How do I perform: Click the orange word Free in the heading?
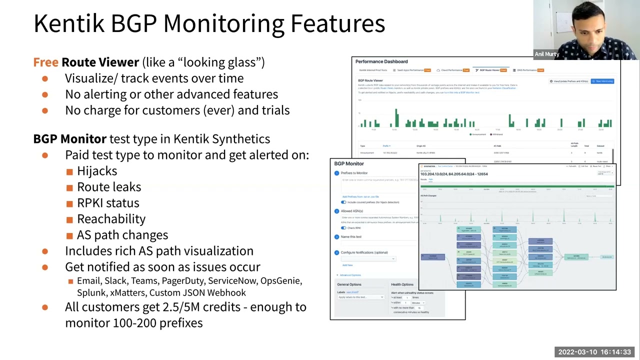pos(45,62)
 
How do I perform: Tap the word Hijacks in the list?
pos(97,171)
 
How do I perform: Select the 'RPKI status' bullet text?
pos(108,203)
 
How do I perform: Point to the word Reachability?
pos(111,219)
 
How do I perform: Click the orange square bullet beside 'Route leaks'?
pos(69,187)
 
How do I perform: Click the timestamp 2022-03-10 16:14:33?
pos(594,352)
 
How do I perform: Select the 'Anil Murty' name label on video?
pos(546,54)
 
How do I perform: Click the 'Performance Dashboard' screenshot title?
pos(381,61)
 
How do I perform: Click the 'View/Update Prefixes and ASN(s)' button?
pos(568,81)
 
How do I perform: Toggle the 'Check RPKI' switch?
pos(343,228)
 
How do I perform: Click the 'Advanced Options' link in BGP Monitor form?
pos(350,275)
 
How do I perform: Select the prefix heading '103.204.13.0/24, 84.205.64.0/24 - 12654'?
pos(454,174)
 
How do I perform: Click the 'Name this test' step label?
pos(351,237)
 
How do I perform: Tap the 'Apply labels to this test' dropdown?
pos(360,297)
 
